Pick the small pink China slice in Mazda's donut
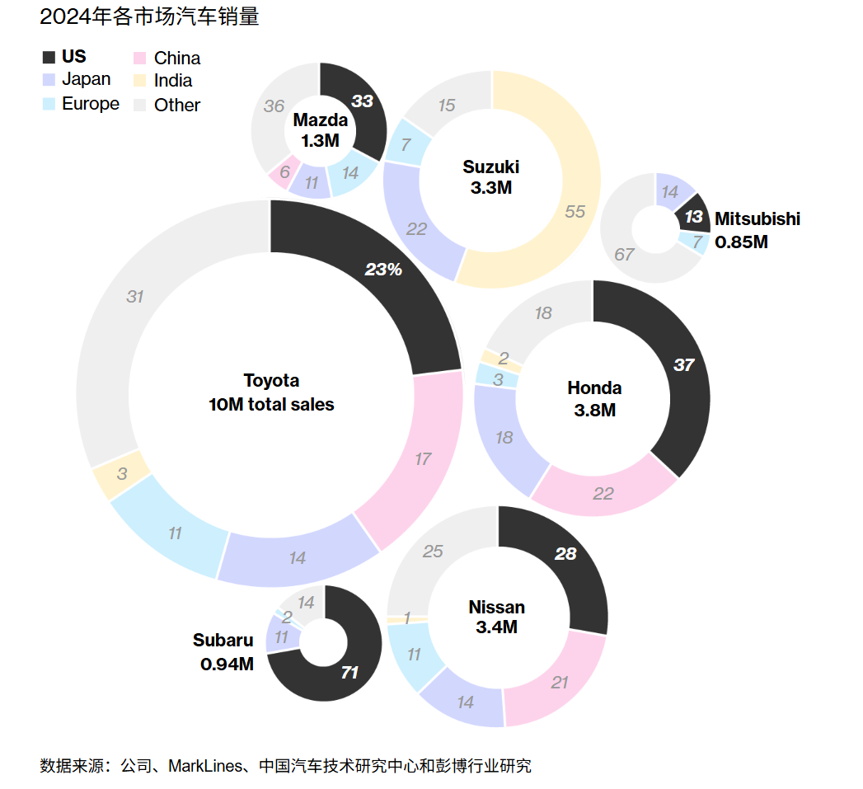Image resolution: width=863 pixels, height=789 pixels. point(284,172)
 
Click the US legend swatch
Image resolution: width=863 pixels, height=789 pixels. point(49,57)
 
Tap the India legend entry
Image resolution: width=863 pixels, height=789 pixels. point(163,81)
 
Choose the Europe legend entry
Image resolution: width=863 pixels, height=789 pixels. point(81,104)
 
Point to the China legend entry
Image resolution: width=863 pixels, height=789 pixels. point(167,58)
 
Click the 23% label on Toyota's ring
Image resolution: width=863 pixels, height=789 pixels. point(383,270)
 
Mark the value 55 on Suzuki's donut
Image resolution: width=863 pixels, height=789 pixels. point(575,211)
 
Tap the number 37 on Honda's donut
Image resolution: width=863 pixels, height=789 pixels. point(684,364)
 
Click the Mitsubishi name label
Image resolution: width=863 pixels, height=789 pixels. point(757,218)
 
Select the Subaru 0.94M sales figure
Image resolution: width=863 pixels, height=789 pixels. point(227,664)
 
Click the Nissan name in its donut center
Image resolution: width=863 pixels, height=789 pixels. point(496,607)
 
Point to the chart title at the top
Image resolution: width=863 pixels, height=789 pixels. point(150,16)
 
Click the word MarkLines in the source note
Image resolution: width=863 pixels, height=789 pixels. point(204,766)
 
